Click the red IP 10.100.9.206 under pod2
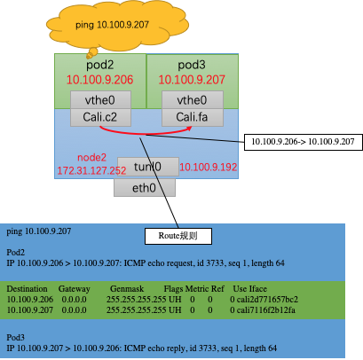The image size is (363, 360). click(x=99, y=80)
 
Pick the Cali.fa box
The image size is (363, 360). click(x=192, y=117)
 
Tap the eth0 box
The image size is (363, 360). click(x=145, y=187)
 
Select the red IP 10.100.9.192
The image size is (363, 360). click(x=209, y=166)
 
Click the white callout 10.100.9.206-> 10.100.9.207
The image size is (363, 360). click(x=297, y=141)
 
